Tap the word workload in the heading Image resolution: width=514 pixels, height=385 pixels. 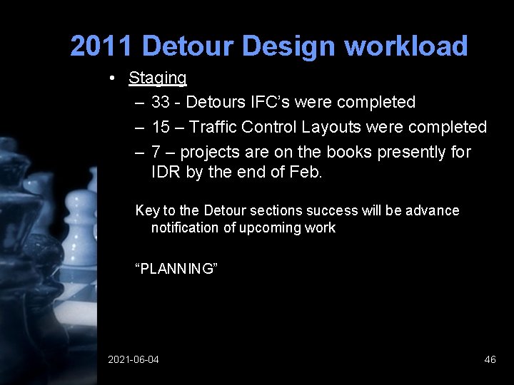[406, 46]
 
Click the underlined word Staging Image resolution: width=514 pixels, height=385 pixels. [158, 78]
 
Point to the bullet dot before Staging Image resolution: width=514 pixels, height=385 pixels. [114, 78]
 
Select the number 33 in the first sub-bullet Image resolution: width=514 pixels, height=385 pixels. [161, 103]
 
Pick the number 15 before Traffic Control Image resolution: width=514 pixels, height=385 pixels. [161, 127]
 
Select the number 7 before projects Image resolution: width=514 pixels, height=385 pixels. [156, 152]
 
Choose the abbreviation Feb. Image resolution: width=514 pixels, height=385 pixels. [307, 172]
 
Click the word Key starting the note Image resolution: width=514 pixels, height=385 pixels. [148, 210]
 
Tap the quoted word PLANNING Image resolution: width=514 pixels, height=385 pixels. [176, 269]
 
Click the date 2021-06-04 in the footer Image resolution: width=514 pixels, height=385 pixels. [133, 359]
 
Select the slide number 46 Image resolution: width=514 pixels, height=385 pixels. [490, 359]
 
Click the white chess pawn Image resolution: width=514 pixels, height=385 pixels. [79, 221]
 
